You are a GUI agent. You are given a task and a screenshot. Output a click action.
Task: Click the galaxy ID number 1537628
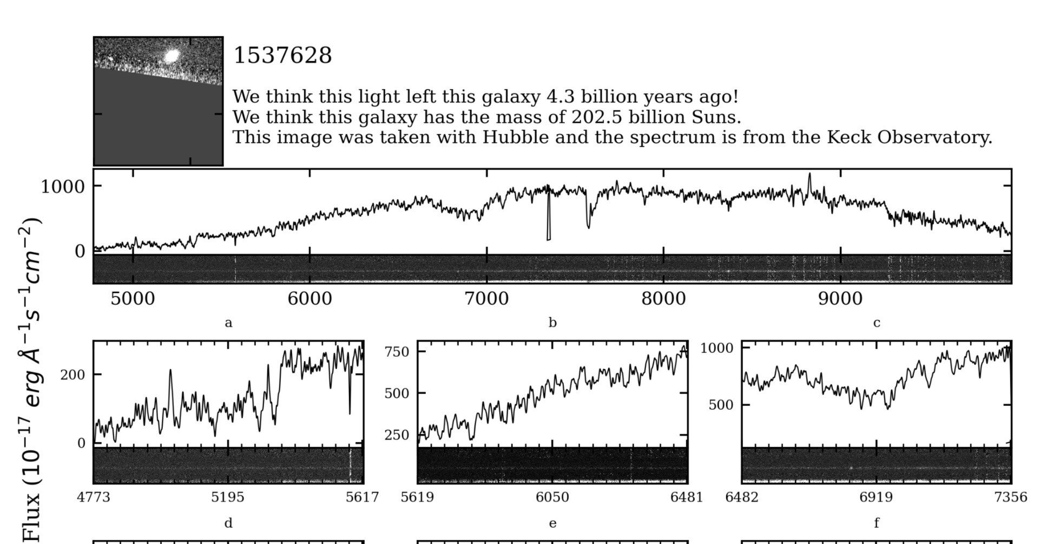282,55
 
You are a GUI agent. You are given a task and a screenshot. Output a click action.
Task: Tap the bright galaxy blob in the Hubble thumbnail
172,56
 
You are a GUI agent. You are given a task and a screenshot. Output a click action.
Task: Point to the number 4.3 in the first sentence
556,97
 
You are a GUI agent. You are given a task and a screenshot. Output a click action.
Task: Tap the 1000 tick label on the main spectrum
63,187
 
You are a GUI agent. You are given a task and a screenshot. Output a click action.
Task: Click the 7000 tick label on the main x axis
486,298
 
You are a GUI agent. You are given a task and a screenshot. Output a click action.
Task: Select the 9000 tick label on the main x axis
840,298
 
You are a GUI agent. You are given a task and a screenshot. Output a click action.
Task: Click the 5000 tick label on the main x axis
133,298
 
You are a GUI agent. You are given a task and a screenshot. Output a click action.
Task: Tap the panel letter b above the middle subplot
553,323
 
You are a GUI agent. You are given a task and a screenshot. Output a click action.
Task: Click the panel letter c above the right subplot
877,323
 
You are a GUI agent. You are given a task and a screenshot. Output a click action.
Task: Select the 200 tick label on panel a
73,375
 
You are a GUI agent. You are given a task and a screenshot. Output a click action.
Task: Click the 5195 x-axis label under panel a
228,497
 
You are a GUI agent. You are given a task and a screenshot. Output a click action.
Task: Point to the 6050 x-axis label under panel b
552,497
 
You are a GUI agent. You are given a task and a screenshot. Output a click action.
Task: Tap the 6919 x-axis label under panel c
876,497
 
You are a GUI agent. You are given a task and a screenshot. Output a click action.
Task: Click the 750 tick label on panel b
397,351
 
